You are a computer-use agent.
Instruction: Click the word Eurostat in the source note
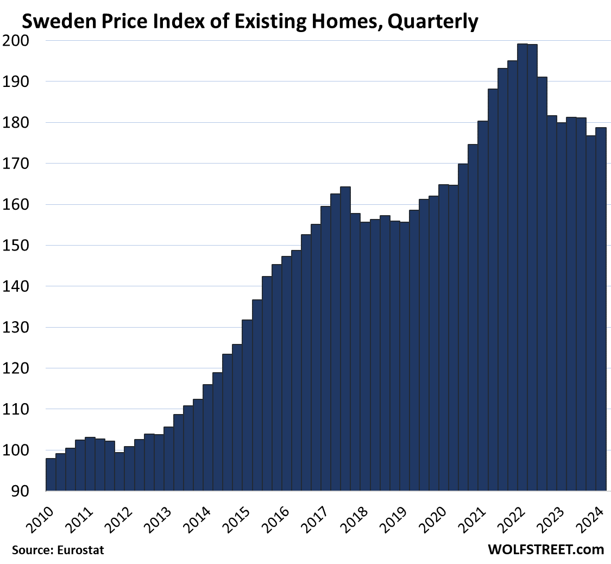pos(81,550)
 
